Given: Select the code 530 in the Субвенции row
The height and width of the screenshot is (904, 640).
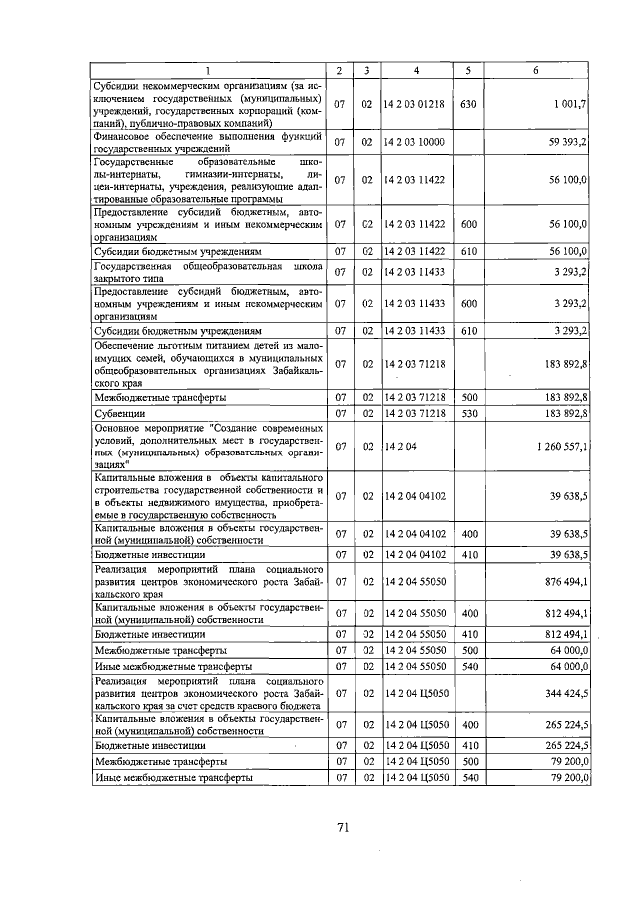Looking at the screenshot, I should [x=467, y=412].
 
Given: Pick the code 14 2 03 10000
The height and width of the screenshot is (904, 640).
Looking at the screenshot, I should [x=415, y=143].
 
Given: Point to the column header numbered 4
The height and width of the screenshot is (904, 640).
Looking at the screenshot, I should [x=416, y=71].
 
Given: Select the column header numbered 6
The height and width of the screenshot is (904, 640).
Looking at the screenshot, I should [x=537, y=71].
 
